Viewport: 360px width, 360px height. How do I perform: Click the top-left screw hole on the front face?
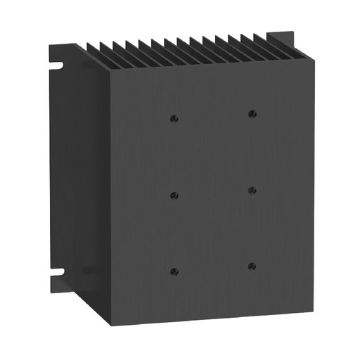point(174,118)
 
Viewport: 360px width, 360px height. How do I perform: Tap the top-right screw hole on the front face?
point(251,113)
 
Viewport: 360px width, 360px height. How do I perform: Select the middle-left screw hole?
point(174,195)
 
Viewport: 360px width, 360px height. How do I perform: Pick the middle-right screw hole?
point(252,190)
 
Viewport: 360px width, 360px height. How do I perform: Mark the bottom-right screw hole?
point(252,266)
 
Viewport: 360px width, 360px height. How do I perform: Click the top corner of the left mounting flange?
point(50,44)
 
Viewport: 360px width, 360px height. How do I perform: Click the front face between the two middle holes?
point(213,193)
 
